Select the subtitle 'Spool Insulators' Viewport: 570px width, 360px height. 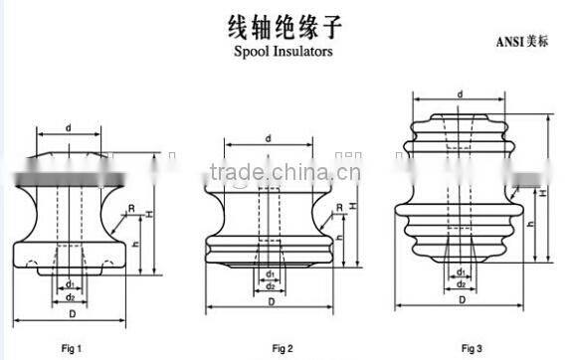[x=284, y=49]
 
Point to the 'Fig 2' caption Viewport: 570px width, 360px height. [x=283, y=348]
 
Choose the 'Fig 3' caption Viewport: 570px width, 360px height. [x=471, y=348]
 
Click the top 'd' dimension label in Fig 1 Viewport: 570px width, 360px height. [x=68, y=128]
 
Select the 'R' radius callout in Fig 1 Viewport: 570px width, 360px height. [x=131, y=208]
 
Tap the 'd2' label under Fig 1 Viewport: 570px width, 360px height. [x=69, y=295]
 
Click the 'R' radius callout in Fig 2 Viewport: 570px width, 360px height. [x=339, y=207]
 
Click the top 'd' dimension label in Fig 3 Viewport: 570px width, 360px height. [x=460, y=94]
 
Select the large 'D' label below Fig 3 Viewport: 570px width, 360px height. [x=460, y=298]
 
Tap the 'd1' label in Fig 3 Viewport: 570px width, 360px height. [x=460, y=270]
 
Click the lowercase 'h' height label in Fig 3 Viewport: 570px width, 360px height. [x=530, y=225]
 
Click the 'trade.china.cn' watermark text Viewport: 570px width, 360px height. [x=284, y=172]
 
